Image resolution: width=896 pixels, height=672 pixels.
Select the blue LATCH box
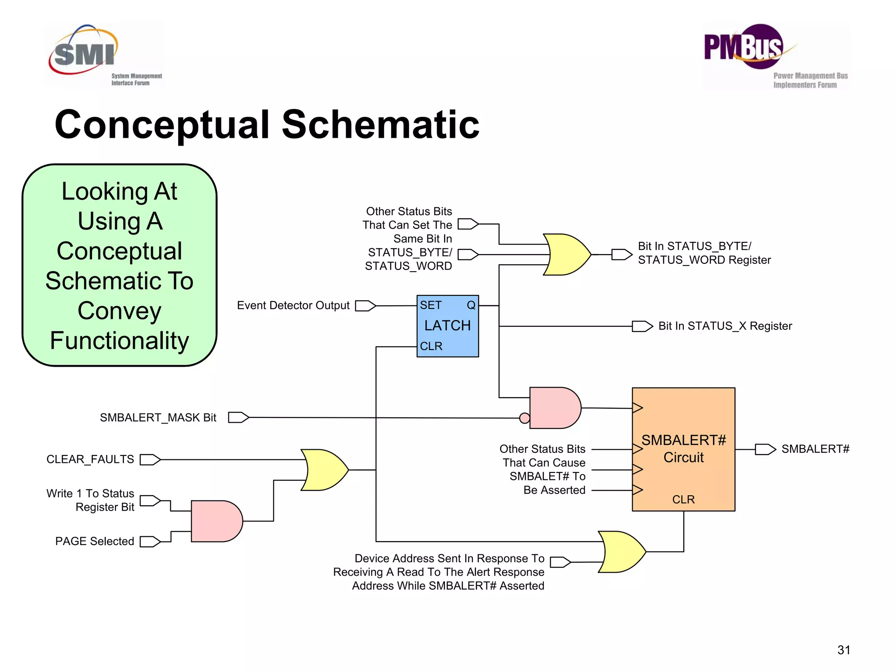pos(448,326)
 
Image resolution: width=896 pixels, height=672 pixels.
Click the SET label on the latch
pos(430,305)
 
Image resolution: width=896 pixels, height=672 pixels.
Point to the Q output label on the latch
pos(471,305)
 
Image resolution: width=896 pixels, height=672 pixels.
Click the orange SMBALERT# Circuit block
pos(683,449)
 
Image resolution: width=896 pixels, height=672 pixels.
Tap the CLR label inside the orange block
pos(683,500)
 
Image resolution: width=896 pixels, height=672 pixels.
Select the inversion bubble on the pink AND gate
pos(525,418)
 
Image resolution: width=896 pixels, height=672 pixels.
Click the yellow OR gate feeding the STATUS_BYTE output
pos(567,255)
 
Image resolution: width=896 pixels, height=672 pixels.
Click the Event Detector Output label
pos(293,305)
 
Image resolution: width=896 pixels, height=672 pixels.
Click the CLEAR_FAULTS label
pos(90,459)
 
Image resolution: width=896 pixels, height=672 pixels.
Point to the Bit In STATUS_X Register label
pos(725,326)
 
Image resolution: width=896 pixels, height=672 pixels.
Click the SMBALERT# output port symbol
pos(765,449)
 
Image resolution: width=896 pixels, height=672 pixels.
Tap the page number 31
pos(843,650)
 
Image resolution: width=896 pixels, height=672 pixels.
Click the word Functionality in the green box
pos(119,340)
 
